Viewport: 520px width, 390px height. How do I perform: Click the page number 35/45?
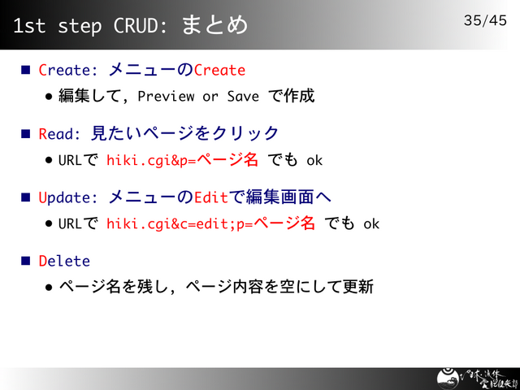[x=485, y=19]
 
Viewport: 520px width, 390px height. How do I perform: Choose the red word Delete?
[x=64, y=261]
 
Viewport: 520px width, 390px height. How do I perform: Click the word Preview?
[x=166, y=97]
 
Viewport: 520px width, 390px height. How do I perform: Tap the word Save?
[x=242, y=97]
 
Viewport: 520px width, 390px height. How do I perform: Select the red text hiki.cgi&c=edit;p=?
[x=180, y=223]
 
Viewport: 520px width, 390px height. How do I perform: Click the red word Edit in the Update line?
[x=211, y=197]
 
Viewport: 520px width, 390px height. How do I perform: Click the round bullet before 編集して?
[x=50, y=97]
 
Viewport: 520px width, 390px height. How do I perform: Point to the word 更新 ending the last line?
[x=358, y=287]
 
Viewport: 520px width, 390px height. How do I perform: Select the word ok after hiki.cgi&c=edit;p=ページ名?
[x=371, y=223]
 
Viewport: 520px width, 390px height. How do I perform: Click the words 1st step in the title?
[x=56, y=25]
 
